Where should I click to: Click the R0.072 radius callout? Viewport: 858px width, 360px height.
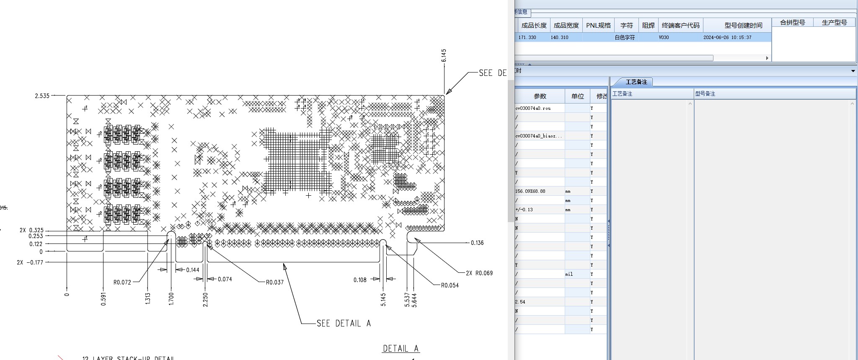pyautogui.click(x=122, y=282)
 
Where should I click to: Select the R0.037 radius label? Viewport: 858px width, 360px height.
pyautogui.click(x=275, y=282)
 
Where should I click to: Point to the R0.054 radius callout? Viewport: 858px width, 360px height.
pyautogui.click(x=450, y=285)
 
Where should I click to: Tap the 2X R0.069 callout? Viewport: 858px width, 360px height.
pyautogui.click(x=479, y=273)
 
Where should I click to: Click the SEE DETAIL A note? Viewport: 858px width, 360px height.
pyautogui.click(x=344, y=324)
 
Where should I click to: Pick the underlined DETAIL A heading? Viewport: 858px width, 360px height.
pyautogui.click(x=401, y=349)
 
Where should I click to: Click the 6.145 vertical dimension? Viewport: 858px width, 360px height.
pyautogui.click(x=444, y=55)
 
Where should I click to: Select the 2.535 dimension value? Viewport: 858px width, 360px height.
pyautogui.click(x=42, y=96)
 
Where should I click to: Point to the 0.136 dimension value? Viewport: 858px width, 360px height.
pyautogui.click(x=477, y=243)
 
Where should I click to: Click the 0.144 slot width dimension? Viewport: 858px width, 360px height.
pyautogui.click(x=193, y=270)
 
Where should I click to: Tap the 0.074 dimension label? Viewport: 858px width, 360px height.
pyautogui.click(x=225, y=279)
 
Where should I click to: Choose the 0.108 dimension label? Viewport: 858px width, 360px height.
pyautogui.click(x=360, y=280)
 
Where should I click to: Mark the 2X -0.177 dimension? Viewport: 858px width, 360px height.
pyautogui.click(x=30, y=262)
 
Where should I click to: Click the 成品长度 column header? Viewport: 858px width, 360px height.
pyautogui.click(x=534, y=26)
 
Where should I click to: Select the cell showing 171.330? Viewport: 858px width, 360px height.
pyautogui.click(x=527, y=37)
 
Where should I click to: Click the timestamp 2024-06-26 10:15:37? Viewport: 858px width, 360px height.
pyautogui.click(x=727, y=37)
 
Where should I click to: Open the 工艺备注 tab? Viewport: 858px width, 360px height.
pyautogui.click(x=636, y=82)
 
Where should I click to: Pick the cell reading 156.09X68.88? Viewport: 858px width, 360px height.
pyautogui.click(x=530, y=191)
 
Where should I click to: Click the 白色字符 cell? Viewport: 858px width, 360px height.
pyautogui.click(x=625, y=37)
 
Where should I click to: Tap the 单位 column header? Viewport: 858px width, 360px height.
pyautogui.click(x=577, y=96)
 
